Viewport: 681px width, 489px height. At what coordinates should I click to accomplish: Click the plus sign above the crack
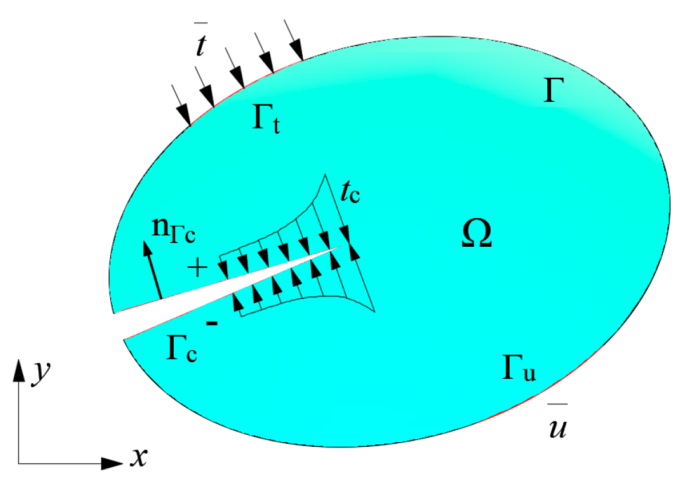pos(197,267)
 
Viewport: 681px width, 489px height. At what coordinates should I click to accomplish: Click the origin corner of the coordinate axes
pos(19,463)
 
